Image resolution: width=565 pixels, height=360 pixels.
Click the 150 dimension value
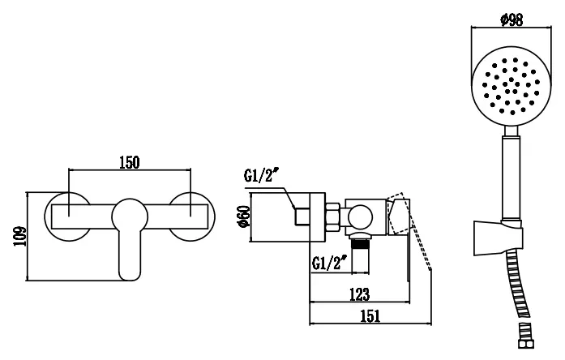pos(130,162)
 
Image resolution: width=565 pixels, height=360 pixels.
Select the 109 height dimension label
pos(20,236)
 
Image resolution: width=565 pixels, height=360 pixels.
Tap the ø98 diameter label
pos(511,19)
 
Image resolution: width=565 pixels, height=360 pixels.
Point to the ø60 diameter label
pos(243,216)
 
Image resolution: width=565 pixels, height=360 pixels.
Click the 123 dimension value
pos(360,294)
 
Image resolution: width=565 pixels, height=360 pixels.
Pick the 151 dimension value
pos(370,316)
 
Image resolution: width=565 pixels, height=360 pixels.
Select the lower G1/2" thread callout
pos(329,263)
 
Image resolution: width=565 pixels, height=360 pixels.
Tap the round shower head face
pos(511,86)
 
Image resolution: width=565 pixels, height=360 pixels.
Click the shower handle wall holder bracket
pos(498,238)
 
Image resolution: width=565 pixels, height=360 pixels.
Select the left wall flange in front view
pos(67,216)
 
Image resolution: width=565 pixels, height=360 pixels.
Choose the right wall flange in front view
pos(192,216)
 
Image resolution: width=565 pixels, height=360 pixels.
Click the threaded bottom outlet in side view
pos(361,253)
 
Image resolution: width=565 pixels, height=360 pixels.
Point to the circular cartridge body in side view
pos(361,217)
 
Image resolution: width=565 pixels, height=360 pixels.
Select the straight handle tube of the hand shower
pos(511,178)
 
